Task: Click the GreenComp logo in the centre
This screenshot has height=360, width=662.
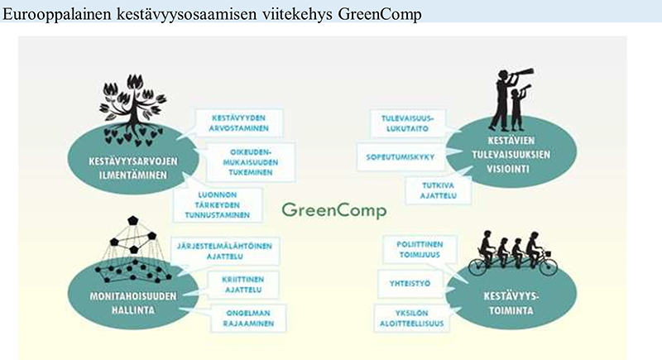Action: click(x=334, y=210)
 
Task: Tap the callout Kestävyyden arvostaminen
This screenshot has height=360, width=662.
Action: click(x=239, y=123)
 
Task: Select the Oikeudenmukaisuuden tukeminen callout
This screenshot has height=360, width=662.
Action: click(x=251, y=162)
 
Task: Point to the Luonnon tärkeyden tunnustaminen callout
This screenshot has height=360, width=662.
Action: click(x=218, y=204)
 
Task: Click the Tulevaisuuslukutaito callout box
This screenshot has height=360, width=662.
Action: click(x=407, y=123)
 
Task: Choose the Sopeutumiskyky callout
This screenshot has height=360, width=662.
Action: click(x=401, y=157)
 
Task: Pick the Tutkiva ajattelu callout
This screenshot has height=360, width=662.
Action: click(x=439, y=190)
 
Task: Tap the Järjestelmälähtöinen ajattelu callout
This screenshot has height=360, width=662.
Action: click(x=224, y=251)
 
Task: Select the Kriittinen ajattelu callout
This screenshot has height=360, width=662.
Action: click(x=243, y=285)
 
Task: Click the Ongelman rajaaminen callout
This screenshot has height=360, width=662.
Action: click(x=248, y=319)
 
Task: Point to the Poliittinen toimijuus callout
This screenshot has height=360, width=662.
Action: click(x=420, y=249)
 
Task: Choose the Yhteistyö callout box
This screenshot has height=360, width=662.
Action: click(x=410, y=284)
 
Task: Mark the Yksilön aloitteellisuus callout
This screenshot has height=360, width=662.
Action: click(x=411, y=319)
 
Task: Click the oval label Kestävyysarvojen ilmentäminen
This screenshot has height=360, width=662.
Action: click(x=133, y=168)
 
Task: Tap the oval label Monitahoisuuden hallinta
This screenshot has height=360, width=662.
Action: click(x=133, y=303)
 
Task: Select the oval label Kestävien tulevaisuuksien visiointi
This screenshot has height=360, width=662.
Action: click(x=511, y=155)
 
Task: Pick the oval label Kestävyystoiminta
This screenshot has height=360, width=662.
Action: click(x=511, y=303)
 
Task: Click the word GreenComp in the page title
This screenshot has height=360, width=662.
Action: click(x=380, y=14)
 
